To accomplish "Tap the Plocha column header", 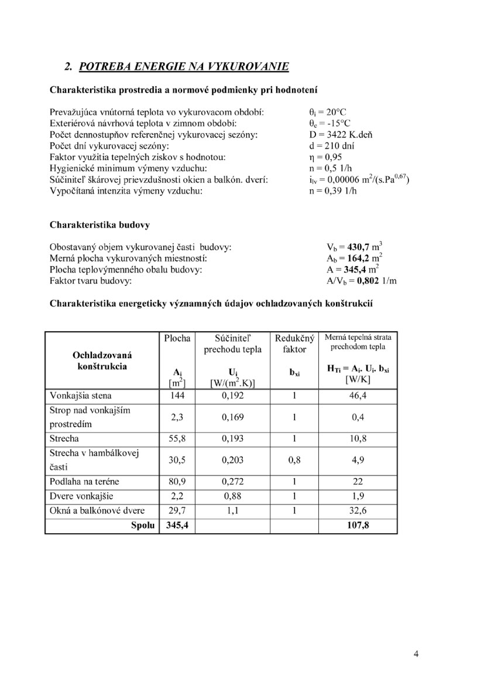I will [177, 338].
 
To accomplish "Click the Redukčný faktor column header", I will [295, 343].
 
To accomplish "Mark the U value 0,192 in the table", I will [233, 395].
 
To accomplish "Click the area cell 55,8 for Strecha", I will [177, 438].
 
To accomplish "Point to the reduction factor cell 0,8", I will [295, 460].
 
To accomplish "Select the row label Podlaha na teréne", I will [84, 482].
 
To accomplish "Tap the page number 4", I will [416, 655].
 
